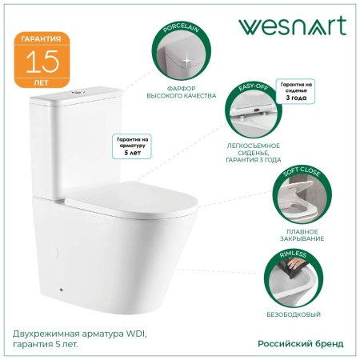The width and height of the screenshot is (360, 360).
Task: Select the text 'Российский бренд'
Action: (x=301, y=344)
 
